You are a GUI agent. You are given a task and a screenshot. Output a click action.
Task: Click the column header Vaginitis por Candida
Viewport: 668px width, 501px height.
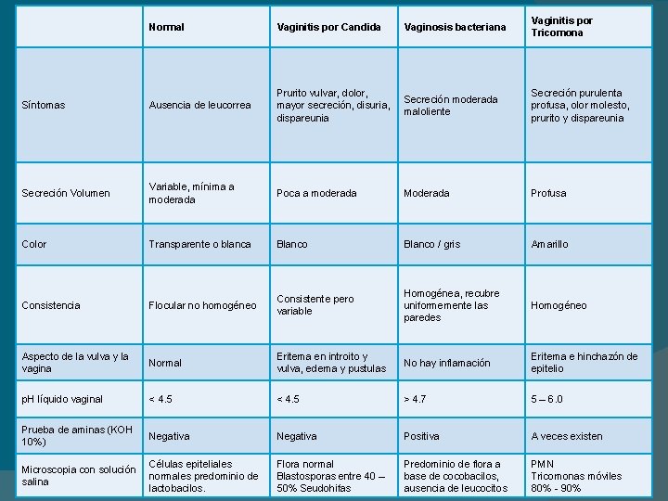[328, 27]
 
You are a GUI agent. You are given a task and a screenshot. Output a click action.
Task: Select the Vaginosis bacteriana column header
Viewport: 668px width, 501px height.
[455, 27]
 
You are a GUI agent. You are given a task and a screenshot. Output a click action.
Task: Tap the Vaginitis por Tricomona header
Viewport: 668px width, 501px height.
[561, 26]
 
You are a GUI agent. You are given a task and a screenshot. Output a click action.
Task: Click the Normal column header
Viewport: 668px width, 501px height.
[166, 27]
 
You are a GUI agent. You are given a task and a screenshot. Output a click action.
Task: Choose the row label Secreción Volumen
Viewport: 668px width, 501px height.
[66, 193]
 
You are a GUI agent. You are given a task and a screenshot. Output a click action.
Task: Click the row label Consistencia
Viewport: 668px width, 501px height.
[51, 305]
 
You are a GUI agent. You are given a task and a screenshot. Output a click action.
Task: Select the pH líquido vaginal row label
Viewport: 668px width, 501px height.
[64, 399]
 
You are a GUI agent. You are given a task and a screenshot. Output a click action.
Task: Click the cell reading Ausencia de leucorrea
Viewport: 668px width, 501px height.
[199, 106]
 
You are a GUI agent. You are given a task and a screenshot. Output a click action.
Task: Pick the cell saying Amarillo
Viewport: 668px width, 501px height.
[549, 244]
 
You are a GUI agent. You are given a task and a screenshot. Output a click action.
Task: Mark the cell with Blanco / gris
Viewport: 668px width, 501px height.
[434, 244]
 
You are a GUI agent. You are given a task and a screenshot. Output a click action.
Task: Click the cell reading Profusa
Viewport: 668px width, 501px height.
[548, 193]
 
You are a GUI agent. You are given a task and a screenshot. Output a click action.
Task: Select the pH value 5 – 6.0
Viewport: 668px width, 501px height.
[546, 399]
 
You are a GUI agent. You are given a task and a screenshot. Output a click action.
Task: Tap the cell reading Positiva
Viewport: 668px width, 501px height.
[421, 436]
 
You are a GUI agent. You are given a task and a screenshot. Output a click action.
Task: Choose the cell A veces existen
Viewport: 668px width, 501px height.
[566, 436]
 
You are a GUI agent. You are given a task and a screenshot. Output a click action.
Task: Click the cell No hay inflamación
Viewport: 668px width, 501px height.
[446, 363]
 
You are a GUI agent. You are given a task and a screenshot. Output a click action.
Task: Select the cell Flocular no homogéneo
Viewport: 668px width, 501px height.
[202, 305]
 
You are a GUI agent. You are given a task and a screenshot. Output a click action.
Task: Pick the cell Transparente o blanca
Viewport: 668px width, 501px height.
[199, 244]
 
